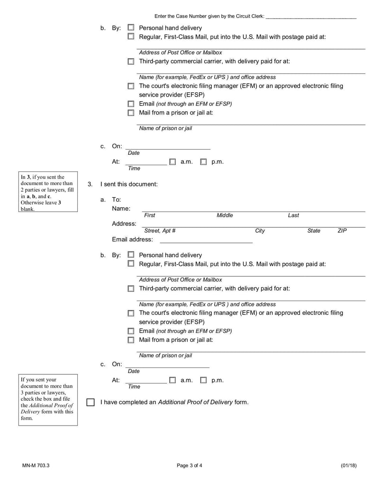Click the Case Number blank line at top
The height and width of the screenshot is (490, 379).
pyautogui.click(x=311, y=17)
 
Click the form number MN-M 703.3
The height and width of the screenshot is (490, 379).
pyautogui.click(x=36, y=465)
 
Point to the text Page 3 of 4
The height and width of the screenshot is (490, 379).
pyautogui.click(x=189, y=465)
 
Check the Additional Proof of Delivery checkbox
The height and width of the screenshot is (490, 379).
pyautogui.click(x=90, y=402)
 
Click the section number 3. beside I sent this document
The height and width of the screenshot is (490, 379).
pyautogui.click(x=90, y=184)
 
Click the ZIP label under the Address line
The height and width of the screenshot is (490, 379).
pyautogui.click(x=342, y=231)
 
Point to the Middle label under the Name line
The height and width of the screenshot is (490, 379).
pyautogui.click(x=225, y=215)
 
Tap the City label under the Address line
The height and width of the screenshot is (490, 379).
pyautogui.click(x=260, y=231)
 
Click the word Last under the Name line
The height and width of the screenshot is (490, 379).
pyautogui.click(x=293, y=215)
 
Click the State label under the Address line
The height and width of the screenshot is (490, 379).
pyautogui.click(x=314, y=231)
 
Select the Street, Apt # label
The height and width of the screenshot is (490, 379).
pyautogui.click(x=160, y=231)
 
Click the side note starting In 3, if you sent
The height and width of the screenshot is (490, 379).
pyautogui.click(x=47, y=193)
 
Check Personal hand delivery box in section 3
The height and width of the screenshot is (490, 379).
pyautogui.click(x=131, y=255)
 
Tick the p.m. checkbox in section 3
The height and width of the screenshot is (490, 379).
pyautogui.click(x=203, y=380)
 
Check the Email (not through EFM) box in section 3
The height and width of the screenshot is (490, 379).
pyautogui.click(x=131, y=331)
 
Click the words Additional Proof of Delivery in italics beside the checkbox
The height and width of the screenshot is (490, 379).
pyautogui.click(x=195, y=402)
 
